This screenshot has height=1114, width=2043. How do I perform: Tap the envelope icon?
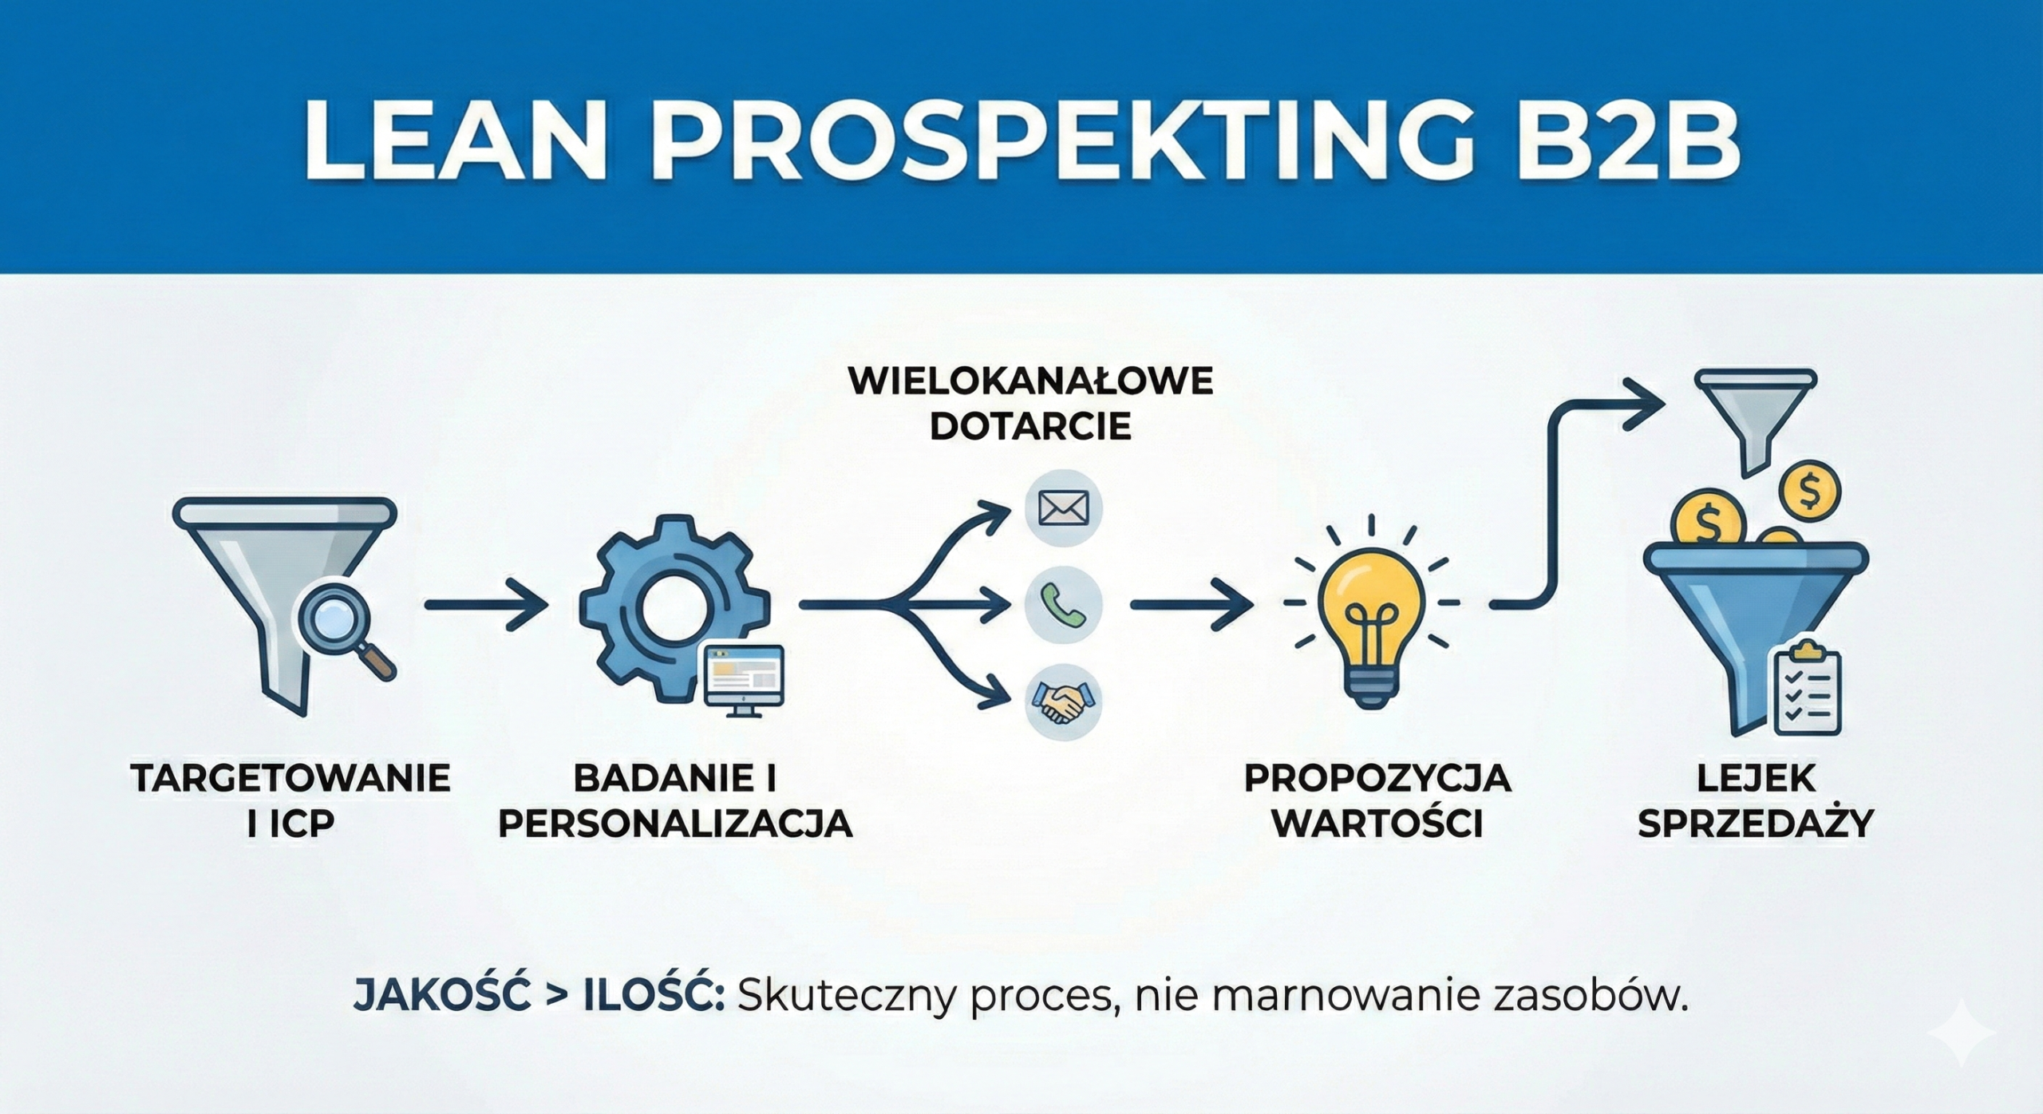[x=1063, y=508]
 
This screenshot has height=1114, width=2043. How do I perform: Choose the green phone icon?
[x=1063, y=605]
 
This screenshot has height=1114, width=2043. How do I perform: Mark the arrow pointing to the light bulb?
[x=1189, y=605]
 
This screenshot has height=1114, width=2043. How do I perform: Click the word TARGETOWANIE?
[x=290, y=778]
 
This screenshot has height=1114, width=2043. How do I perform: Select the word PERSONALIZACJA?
[x=675, y=824]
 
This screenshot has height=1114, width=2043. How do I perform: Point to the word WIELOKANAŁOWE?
[x=1030, y=382]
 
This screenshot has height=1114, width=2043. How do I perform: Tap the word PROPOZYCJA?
[x=1377, y=778]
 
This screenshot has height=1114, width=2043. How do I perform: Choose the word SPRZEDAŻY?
[x=1757, y=824]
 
